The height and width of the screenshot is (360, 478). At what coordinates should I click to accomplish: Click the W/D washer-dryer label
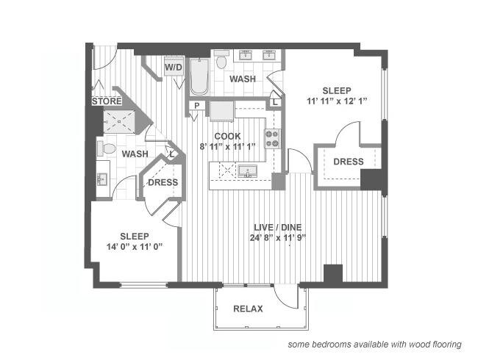pyautogui.click(x=174, y=67)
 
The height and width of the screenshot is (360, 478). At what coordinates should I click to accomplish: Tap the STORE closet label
pyautogui.click(x=107, y=101)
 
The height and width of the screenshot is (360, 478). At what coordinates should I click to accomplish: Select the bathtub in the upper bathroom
pyautogui.click(x=199, y=76)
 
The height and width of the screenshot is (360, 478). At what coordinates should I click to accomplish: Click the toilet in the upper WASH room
pyautogui.click(x=221, y=60)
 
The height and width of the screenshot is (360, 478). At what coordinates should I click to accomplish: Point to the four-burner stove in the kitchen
pyautogui.click(x=272, y=139)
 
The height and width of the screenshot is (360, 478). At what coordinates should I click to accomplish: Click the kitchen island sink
pyautogui.click(x=248, y=171)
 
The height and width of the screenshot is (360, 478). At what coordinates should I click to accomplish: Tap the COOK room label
pyautogui.click(x=227, y=136)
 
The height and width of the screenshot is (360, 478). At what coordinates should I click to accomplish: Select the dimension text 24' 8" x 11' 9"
pyautogui.click(x=278, y=238)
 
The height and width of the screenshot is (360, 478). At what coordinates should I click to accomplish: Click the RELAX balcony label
pyautogui.click(x=248, y=309)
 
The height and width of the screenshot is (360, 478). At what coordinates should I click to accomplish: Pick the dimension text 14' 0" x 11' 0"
pyautogui.click(x=135, y=247)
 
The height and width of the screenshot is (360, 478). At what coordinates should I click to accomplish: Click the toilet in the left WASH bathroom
pyautogui.click(x=106, y=148)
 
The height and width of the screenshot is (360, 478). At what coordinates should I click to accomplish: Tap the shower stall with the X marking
pyautogui.click(x=119, y=121)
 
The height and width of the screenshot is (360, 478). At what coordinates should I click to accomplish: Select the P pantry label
pyautogui.click(x=197, y=106)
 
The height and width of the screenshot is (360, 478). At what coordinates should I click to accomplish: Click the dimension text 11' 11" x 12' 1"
pyautogui.click(x=337, y=101)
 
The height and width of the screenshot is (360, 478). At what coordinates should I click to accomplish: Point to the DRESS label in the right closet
pyautogui.click(x=349, y=162)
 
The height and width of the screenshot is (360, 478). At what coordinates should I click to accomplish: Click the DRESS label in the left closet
pyautogui.click(x=163, y=182)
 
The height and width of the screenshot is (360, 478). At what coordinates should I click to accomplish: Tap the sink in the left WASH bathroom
pyautogui.click(x=101, y=179)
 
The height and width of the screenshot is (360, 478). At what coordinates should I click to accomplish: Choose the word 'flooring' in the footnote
pyautogui.click(x=447, y=345)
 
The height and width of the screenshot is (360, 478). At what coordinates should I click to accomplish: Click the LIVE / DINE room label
pyautogui.click(x=278, y=227)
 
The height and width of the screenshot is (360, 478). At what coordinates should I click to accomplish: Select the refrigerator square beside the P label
pyautogui.click(x=221, y=111)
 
